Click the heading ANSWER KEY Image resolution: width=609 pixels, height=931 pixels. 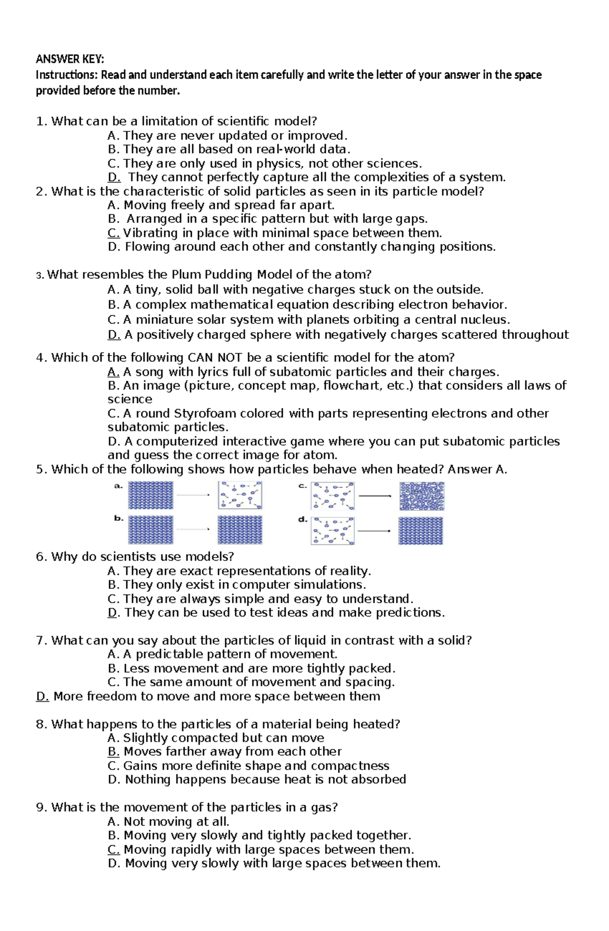pos(70,59)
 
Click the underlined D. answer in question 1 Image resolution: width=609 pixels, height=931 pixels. pos(114,177)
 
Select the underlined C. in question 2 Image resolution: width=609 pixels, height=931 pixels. pos(114,233)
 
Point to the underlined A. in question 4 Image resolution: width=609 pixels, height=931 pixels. pos(113,372)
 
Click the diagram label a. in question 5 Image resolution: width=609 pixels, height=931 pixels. pos(118,486)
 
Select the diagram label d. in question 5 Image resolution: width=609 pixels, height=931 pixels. pos(302,520)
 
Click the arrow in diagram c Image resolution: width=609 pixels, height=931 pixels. pos(375,496)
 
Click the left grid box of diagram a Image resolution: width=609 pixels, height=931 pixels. pos(150,495)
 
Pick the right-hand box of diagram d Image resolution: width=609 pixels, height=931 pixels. pos(420,531)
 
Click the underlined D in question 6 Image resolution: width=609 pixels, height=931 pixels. pos(113,613)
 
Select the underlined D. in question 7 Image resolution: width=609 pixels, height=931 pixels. pos(43,696)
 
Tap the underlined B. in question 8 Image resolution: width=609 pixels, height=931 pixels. pos(113,751)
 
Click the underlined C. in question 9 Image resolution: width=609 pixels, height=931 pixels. pos(114,849)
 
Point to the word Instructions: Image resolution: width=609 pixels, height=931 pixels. pos(66,75)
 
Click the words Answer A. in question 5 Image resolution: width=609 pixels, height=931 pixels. pos(477,469)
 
